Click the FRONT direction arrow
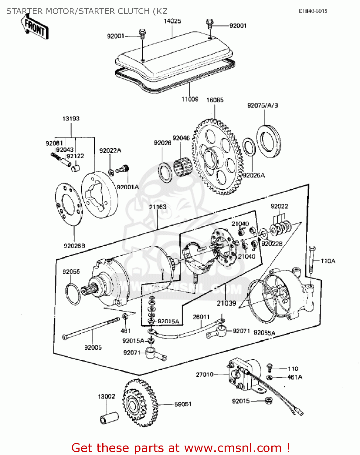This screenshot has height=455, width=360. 34,27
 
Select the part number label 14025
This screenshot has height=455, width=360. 172,21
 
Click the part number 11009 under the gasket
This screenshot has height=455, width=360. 190,99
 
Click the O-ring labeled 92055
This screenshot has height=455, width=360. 73,294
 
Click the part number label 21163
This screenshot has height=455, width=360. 158,207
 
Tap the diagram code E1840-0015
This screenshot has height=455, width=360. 313,11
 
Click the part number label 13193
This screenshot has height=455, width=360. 71,119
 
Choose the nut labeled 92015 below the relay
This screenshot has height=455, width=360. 268,401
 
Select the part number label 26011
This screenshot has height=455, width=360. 201,317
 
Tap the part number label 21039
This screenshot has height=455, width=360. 226,303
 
